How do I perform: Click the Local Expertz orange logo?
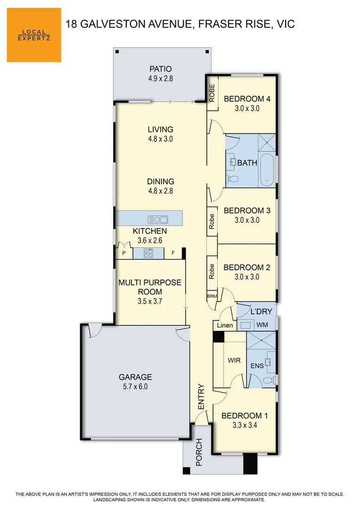(34, 35)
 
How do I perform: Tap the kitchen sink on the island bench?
(158, 219)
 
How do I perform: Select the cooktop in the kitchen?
(148, 254)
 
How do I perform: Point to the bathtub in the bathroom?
(267, 169)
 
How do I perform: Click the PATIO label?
(160, 69)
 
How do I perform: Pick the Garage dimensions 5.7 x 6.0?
(135, 386)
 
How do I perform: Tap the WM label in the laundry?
(262, 325)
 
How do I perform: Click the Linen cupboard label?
(224, 326)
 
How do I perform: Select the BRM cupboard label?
(212, 296)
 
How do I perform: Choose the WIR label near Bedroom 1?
(234, 361)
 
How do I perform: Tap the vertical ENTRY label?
(201, 397)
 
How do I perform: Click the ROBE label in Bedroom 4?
(212, 92)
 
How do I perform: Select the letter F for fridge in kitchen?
(173, 253)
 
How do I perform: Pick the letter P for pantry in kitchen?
(124, 253)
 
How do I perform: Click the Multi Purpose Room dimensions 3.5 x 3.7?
(149, 301)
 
